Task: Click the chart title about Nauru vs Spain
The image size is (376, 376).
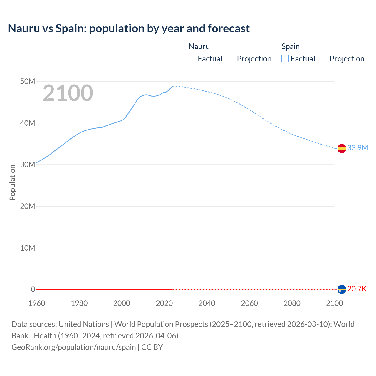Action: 129,28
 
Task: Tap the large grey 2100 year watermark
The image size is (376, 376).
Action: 68,93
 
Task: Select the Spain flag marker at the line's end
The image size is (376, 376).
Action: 342,149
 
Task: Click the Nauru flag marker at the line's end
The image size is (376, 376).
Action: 342,289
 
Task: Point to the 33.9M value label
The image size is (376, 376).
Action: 357,148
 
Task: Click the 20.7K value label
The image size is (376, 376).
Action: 357,289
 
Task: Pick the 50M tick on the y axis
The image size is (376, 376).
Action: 28,81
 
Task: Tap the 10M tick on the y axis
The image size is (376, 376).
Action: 28,248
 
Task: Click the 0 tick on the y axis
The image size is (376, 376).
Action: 33,289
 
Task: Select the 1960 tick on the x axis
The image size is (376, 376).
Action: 37,303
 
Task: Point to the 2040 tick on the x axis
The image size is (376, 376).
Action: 207,303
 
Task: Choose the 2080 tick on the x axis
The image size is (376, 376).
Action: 292,303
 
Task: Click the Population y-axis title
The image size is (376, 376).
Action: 12,182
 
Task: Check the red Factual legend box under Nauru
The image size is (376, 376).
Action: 192,58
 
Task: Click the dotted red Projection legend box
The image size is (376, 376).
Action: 231,58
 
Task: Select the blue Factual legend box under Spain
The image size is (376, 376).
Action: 285,58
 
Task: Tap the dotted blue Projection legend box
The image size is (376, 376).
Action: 325,58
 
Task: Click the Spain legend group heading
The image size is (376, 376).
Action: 291,46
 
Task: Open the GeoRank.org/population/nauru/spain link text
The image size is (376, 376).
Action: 73,347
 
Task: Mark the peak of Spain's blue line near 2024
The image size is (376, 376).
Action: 173,86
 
